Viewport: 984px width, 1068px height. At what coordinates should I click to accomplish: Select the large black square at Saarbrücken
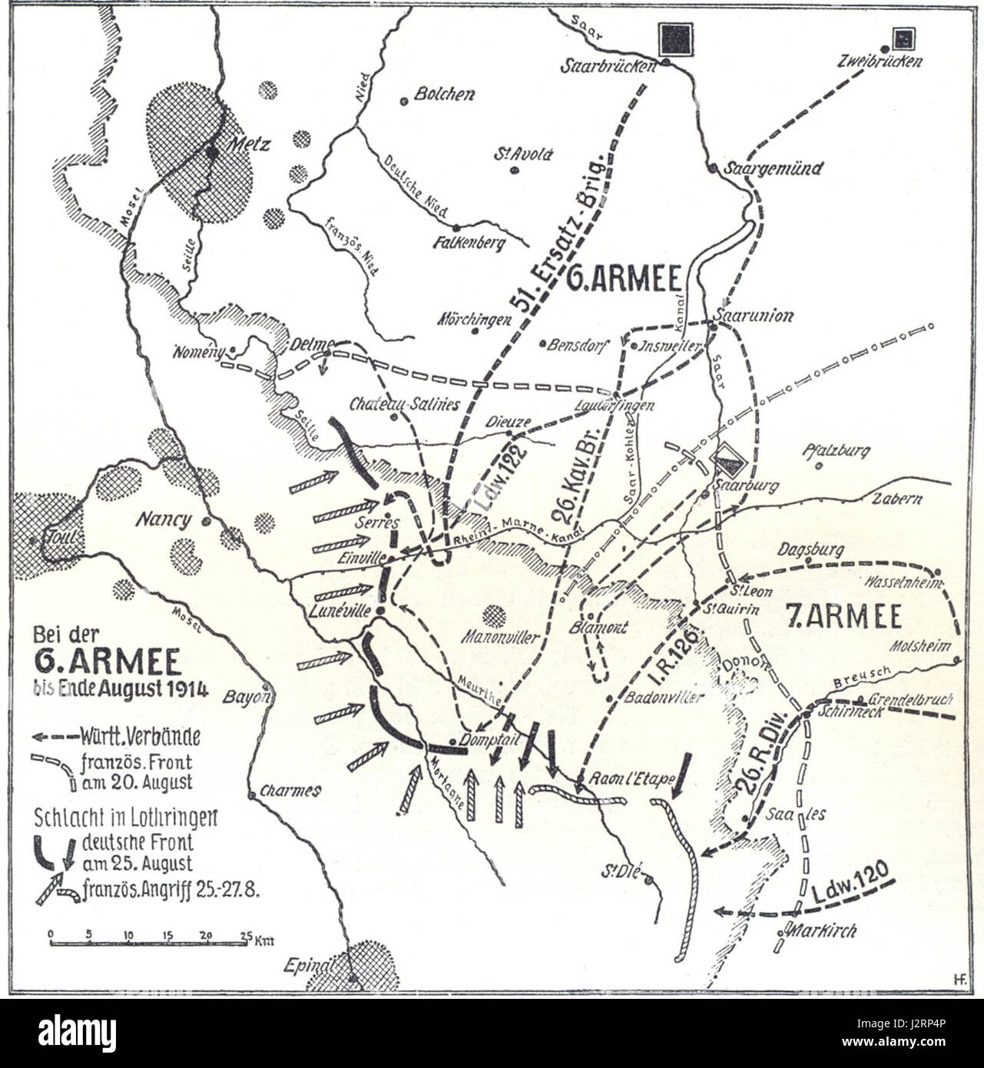675,39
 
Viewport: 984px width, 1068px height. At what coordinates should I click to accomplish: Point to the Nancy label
164,520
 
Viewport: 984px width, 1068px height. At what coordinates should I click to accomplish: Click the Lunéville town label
342,611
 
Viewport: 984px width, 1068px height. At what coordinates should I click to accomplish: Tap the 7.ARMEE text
844,616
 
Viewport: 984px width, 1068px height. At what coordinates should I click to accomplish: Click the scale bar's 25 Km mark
246,936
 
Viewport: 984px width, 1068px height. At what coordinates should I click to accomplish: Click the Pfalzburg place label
837,450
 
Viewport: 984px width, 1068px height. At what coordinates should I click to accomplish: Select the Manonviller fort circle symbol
494,615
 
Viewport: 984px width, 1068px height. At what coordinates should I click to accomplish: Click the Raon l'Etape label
630,778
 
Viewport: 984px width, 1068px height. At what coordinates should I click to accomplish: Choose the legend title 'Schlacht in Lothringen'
126,816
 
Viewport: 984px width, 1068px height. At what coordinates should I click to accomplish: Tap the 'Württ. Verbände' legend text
140,736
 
